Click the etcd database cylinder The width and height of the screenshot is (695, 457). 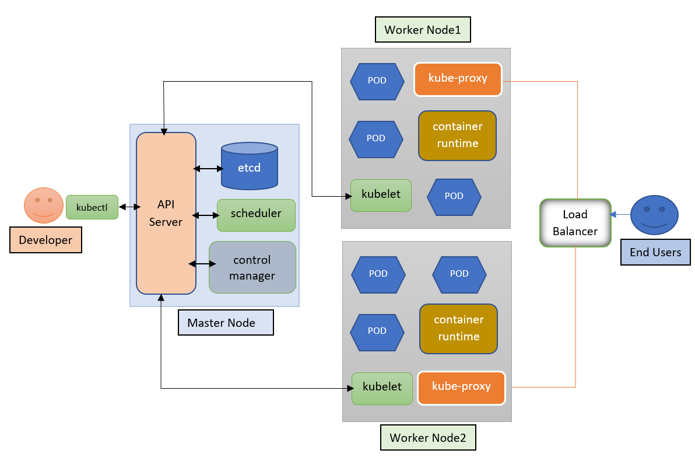[x=249, y=168]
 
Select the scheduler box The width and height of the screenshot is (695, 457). [x=256, y=214]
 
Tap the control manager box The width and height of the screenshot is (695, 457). [x=252, y=267]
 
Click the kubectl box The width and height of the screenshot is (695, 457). [x=92, y=207]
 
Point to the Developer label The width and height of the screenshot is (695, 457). [x=45, y=240]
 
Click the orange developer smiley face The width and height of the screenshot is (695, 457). [x=43, y=205]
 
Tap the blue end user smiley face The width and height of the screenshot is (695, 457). [x=655, y=215]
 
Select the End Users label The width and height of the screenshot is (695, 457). [x=655, y=252]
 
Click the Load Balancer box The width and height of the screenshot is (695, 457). [x=575, y=223]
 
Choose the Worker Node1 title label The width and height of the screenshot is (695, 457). [x=423, y=30]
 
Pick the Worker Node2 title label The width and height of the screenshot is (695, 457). [x=428, y=438]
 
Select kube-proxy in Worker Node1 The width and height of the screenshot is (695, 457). [x=458, y=79]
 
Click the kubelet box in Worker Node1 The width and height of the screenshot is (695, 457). [x=381, y=195]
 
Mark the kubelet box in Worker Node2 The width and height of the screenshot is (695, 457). [x=382, y=388]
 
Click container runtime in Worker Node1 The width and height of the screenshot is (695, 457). [x=457, y=135]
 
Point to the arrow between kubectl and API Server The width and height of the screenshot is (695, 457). [x=129, y=207]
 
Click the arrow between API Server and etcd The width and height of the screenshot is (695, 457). [x=208, y=169]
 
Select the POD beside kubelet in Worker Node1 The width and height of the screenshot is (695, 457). [x=454, y=196]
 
